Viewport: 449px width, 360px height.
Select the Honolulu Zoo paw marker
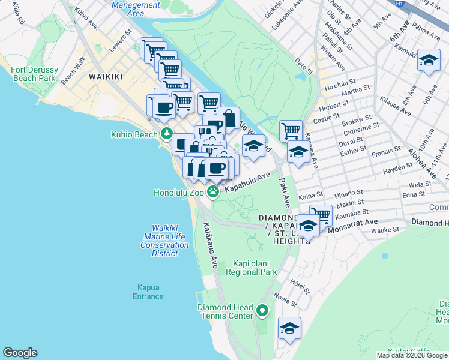point(213,191)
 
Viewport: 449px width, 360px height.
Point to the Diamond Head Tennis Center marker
point(262,311)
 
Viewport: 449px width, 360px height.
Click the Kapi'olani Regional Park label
point(251,268)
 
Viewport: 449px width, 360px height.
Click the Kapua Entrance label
point(148,292)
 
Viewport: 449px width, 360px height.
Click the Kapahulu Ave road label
point(247,182)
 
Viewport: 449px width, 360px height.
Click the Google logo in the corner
point(20,353)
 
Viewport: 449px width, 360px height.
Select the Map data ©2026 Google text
point(412,355)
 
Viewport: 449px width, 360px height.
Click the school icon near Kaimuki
point(428,61)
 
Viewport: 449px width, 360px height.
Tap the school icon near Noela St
point(289,328)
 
